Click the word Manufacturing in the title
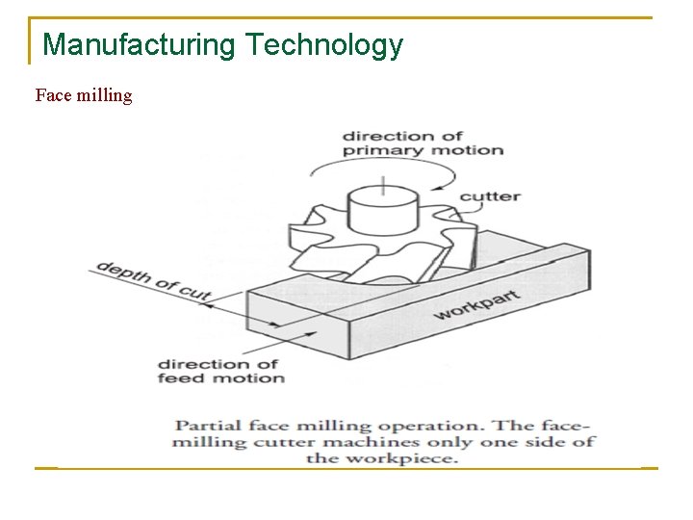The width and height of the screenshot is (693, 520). pos(140,44)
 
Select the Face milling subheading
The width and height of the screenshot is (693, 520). pos(84,95)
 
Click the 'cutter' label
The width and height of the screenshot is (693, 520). pos(490,196)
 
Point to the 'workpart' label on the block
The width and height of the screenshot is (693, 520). pos(476,305)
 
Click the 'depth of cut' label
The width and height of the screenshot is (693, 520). pos(153,280)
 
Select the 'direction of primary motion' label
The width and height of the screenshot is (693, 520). pos(423,143)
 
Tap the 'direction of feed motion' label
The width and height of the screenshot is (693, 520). pos(220,371)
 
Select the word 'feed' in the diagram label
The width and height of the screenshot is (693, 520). pos(181,378)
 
